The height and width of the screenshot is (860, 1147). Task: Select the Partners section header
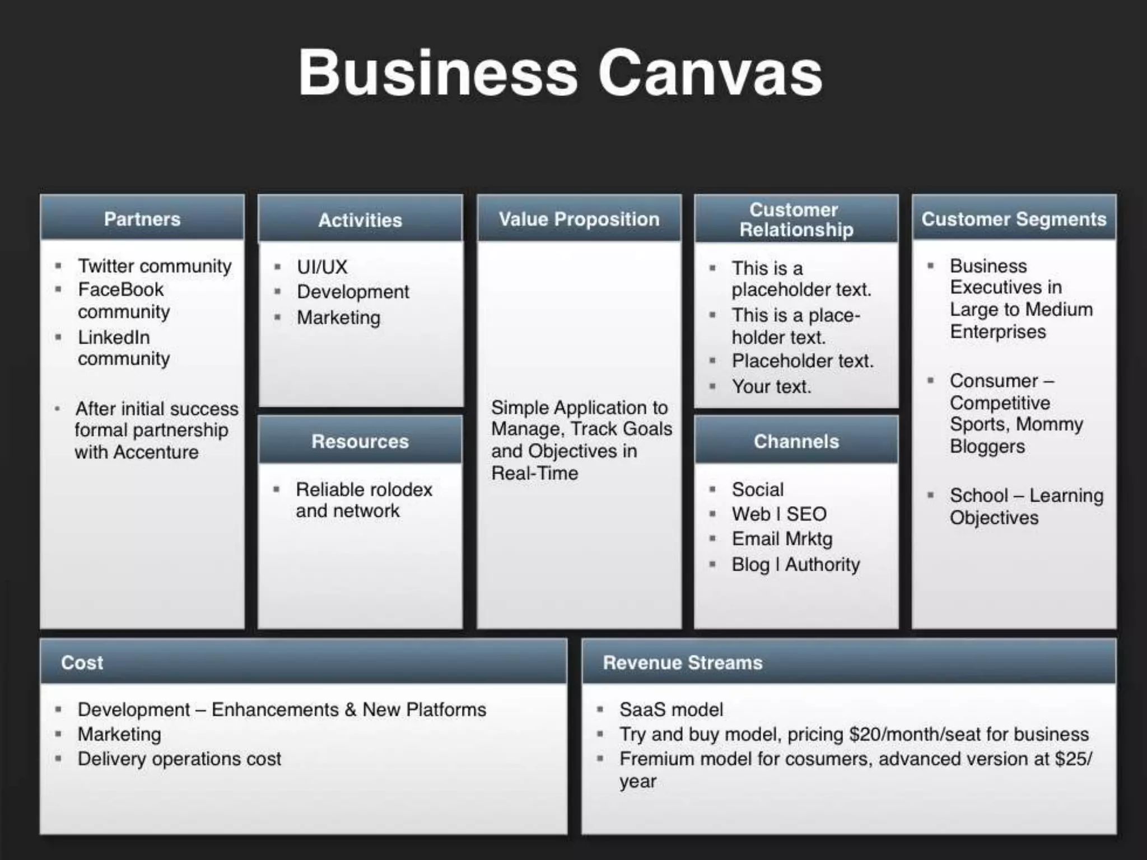[x=142, y=219]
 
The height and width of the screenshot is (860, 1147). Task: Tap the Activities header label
[x=360, y=220]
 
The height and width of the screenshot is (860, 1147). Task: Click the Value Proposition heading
[x=579, y=219]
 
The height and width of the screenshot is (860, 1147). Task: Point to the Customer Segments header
[x=1014, y=219]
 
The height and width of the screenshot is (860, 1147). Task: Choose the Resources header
[x=360, y=441]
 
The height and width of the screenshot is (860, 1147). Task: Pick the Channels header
[x=796, y=441]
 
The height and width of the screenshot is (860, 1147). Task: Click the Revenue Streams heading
[x=683, y=662]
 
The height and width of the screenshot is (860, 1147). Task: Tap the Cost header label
[x=82, y=662]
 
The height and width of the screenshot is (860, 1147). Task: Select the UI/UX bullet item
[x=322, y=267]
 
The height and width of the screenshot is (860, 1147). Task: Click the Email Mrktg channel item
[x=782, y=539]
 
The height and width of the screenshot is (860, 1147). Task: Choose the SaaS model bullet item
[x=671, y=709]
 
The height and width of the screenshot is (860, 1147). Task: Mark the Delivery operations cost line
[x=179, y=759]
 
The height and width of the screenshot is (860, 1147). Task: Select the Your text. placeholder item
[x=771, y=386]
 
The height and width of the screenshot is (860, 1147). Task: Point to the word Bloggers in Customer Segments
[x=987, y=446]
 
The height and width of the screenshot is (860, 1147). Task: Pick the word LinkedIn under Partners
[x=114, y=337]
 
